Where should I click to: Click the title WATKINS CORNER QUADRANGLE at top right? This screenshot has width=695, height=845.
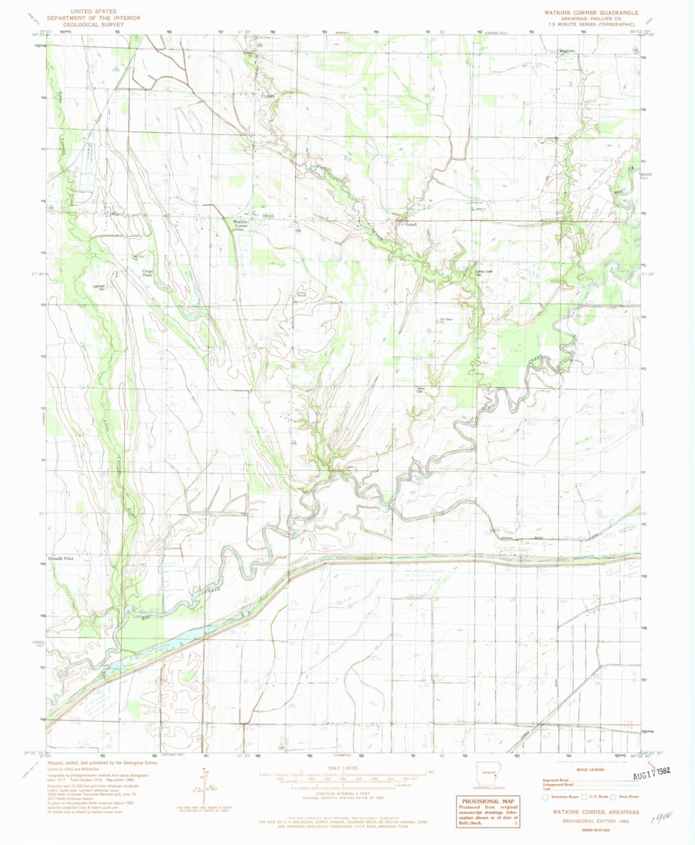pos(591,13)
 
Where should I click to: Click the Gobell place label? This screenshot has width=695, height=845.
pos(411,224)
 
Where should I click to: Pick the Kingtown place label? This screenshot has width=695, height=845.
pos(565,51)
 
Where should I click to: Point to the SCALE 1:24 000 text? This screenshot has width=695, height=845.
pos(347,768)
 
